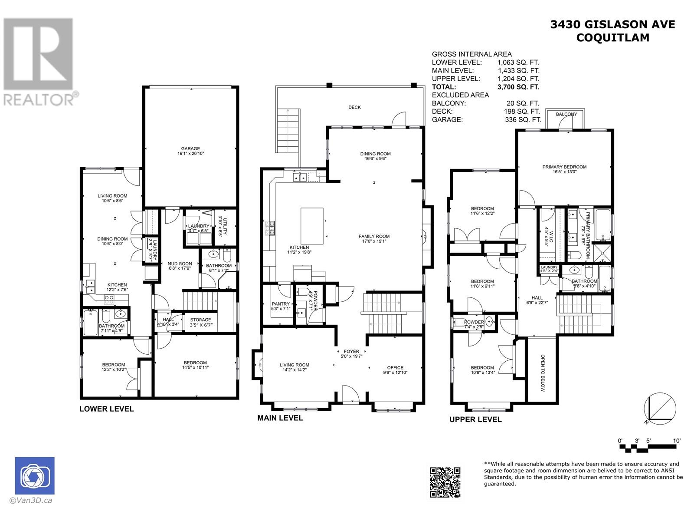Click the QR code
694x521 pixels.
pyautogui.click(x=445, y=482)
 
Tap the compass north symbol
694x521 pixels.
pyautogui.click(x=660, y=409)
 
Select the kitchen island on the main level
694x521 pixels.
pyautogui.click(x=312, y=226)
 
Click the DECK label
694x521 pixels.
pyautogui.click(x=354, y=107)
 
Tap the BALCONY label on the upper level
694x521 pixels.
pyautogui.click(x=566, y=114)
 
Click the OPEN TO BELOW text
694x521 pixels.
pyautogui.click(x=543, y=373)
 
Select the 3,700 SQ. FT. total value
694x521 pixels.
pyautogui.click(x=518, y=87)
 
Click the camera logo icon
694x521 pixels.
pyautogui.click(x=35, y=475)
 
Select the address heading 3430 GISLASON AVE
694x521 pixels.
pyautogui.click(x=612, y=25)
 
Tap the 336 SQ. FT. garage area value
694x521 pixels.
pyautogui.click(x=523, y=120)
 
